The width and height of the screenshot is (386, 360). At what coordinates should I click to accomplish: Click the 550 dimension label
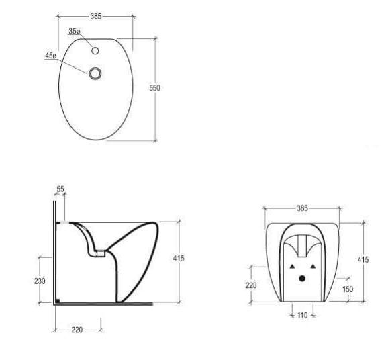[x=155, y=89]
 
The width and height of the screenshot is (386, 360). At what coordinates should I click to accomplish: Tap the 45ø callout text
[x=50, y=56]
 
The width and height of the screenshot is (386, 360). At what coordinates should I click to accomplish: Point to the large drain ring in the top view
[x=96, y=73]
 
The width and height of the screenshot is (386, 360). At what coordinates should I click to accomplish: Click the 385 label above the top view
[x=95, y=16]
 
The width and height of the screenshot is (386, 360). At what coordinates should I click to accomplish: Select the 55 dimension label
[x=60, y=190]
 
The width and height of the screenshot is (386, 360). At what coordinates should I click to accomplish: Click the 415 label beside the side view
[x=178, y=258]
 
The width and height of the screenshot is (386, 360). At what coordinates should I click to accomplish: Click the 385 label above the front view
[x=302, y=208]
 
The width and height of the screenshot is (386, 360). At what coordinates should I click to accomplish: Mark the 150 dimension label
[x=348, y=289]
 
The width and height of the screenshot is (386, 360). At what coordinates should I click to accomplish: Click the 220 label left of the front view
[x=251, y=285]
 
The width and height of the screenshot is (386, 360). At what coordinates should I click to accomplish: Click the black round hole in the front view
[x=301, y=278]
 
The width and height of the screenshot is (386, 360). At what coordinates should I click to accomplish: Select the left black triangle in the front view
[x=291, y=266]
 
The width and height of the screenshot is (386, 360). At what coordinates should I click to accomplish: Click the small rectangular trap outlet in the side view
[x=99, y=253]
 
